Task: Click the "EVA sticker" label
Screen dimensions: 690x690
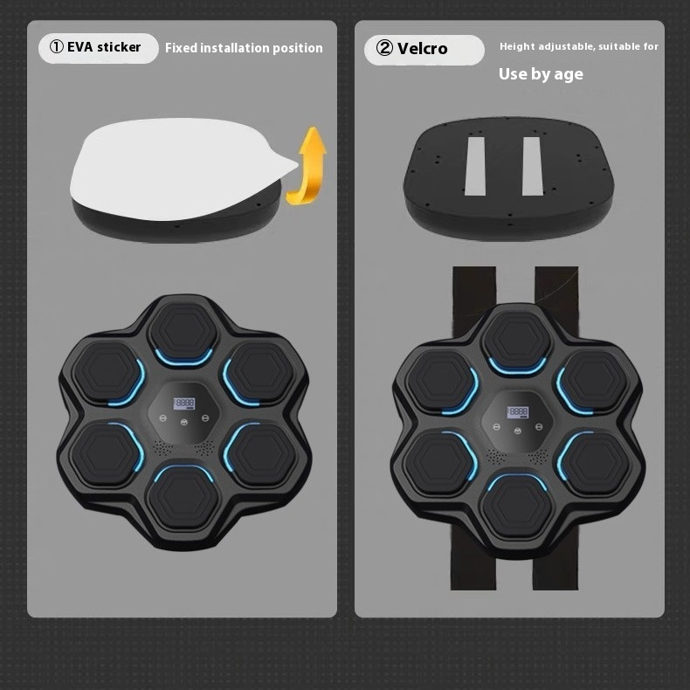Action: point(104,47)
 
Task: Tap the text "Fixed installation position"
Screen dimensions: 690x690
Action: point(244,48)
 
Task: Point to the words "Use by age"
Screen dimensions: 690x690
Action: point(541,74)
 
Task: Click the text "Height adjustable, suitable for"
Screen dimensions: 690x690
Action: point(578,46)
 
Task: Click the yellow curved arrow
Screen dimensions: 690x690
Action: point(307,166)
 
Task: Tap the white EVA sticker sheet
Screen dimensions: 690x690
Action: point(175,166)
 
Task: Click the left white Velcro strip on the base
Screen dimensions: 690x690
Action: point(477,165)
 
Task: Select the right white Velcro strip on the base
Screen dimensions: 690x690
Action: point(533,165)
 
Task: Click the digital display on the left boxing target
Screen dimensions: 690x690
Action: point(183,403)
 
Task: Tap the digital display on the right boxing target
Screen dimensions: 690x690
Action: point(518,411)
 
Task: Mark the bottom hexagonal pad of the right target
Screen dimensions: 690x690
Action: point(518,504)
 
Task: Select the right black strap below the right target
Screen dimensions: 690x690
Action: point(556,568)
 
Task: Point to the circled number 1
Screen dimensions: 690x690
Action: point(57,47)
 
